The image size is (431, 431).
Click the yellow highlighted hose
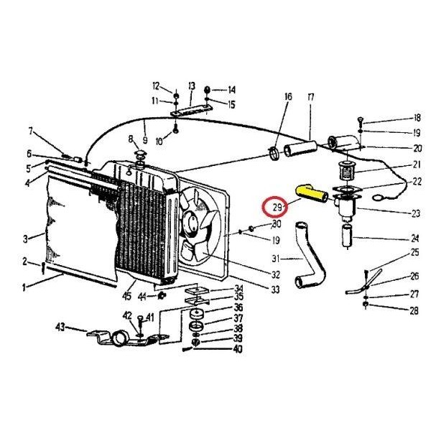311,193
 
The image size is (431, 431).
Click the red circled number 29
277,207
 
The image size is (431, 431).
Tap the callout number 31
276,259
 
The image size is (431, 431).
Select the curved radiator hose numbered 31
310,254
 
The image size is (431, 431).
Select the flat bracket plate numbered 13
192,110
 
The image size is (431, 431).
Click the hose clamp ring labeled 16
274,154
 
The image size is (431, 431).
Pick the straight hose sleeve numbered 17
300,149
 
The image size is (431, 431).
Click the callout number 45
126,296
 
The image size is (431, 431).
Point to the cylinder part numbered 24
348,236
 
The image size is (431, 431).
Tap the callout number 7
30,131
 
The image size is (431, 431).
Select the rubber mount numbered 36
197,314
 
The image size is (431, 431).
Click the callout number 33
275,289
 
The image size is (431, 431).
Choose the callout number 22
417,182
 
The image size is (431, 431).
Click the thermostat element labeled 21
347,170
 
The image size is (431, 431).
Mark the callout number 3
25,238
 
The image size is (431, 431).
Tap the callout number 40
238,349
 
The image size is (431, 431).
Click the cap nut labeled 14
208,90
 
